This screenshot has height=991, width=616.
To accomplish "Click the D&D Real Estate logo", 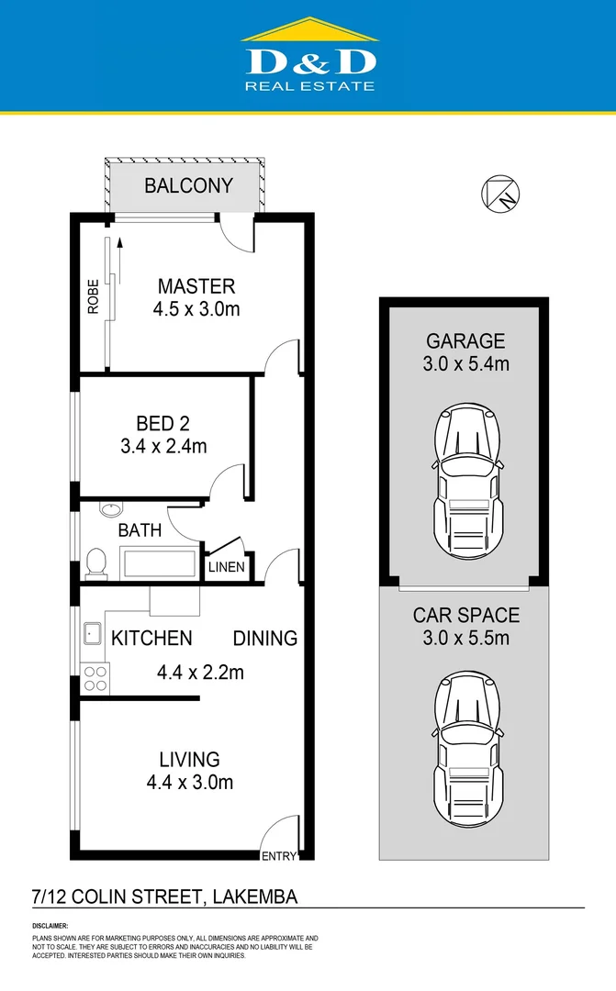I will point(308,57).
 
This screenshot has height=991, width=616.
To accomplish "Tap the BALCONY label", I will point(188,185).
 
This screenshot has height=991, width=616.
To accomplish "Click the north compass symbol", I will point(500,194).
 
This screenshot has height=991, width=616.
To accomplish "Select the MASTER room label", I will point(196,286).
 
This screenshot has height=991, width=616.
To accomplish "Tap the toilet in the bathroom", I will point(95,562).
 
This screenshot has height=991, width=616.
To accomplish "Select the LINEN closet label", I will point(226,567).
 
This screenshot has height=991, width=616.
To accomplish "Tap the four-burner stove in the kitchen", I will point(95,677).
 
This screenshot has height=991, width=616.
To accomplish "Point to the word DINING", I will point(264,638).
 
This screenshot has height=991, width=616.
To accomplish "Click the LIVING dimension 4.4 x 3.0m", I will point(189,783).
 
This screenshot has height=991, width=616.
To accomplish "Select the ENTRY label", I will point(279,856).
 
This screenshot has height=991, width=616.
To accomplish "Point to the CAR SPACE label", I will point(465,615).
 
